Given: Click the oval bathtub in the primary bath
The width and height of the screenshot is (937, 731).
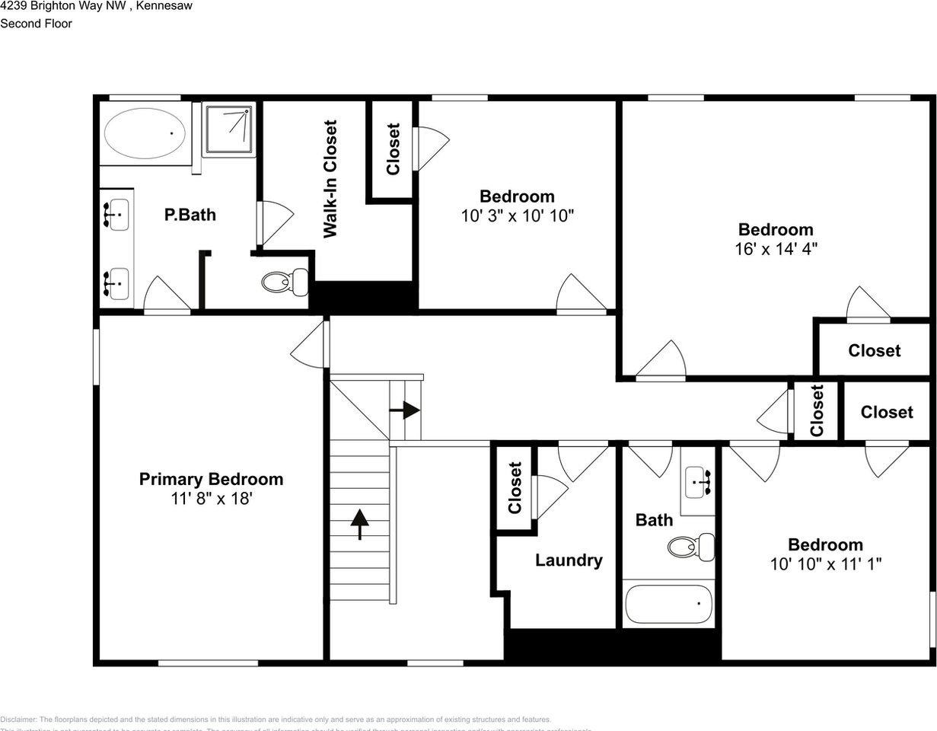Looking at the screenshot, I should [x=144, y=133].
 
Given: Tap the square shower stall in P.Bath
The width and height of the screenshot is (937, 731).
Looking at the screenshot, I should [x=228, y=129].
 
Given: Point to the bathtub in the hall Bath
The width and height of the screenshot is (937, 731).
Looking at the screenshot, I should [x=668, y=604].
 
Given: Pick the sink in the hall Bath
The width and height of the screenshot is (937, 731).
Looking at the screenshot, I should [x=698, y=481].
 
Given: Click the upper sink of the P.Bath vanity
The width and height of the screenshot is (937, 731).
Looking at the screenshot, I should [x=116, y=215].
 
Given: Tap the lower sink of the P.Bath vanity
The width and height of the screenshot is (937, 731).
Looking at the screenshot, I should [x=116, y=283].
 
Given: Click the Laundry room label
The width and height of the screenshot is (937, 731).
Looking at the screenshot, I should [x=569, y=560].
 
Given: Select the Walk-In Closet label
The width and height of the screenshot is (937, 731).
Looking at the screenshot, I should [x=330, y=179].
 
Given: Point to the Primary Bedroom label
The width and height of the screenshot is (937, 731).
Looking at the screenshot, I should [x=211, y=479].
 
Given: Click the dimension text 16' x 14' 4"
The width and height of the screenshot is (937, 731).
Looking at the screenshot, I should [x=776, y=248].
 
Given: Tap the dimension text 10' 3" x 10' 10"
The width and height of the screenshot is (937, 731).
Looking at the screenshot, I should [x=517, y=215].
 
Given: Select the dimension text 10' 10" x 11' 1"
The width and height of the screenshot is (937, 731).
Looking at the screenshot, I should [x=825, y=564].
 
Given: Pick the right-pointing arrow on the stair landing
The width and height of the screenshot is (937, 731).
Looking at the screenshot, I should [x=405, y=410].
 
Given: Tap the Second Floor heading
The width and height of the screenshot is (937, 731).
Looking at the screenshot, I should [x=36, y=24].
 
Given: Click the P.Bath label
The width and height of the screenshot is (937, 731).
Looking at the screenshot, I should [x=190, y=215].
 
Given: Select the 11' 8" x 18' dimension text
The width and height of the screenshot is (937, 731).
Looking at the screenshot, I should [x=211, y=499].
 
